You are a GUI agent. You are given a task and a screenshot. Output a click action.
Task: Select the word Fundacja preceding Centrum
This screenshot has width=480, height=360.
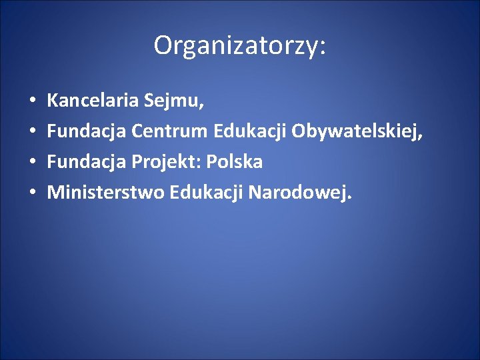click(87, 132)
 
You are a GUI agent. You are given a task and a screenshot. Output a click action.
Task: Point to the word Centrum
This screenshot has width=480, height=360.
click(170, 132)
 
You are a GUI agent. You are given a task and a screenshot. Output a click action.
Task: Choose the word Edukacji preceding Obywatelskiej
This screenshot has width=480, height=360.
click(250, 132)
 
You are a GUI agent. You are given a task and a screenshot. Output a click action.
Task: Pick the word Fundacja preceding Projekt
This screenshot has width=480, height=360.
click(87, 162)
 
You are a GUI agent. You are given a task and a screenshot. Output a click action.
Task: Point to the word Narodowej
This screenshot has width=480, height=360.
click(297, 193)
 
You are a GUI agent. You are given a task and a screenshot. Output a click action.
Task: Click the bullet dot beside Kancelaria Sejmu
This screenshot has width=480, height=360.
click(33, 103)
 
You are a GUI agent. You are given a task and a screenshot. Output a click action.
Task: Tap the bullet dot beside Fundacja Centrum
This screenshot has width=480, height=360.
click(33, 133)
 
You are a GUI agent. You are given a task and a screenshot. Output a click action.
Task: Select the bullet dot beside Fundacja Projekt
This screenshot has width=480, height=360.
click(33, 163)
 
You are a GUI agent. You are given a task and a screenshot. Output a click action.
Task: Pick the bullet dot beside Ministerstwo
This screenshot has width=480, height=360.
click(33, 193)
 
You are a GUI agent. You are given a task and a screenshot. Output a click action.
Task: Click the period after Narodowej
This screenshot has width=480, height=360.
click(349, 198)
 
